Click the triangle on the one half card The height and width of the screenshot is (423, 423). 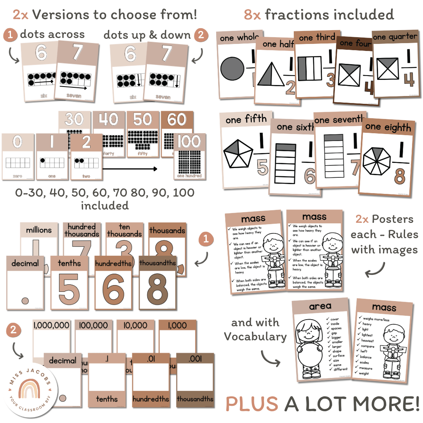(x=272, y=76)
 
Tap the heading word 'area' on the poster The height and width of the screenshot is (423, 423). (x=320, y=306)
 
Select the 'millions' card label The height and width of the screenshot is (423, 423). (x=39, y=230)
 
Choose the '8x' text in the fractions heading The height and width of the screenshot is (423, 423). (x=253, y=15)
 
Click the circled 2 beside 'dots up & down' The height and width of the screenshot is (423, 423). (x=201, y=35)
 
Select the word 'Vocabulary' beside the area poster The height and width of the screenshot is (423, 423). (x=255, y=336)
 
